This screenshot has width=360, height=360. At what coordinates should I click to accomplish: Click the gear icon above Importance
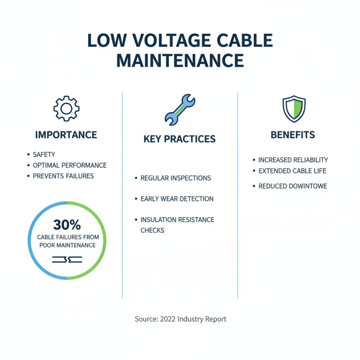pos(66,108)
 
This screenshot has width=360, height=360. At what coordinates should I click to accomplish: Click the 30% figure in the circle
pos(67,225)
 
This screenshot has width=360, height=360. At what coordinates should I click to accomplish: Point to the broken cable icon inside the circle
pos(67,259)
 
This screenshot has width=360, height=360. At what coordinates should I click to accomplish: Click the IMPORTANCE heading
pos(66,135)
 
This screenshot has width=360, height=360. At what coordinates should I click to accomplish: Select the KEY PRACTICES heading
pos(180,139)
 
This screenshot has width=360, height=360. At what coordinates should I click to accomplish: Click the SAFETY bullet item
pos(44,155)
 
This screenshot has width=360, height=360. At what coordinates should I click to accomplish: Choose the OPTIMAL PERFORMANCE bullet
pos(69,165)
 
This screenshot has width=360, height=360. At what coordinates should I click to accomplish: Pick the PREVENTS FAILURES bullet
pos(63,176)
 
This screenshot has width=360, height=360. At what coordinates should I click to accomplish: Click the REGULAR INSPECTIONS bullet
pos(175,178)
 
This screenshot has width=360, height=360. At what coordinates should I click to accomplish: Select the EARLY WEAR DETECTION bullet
pos(177,199)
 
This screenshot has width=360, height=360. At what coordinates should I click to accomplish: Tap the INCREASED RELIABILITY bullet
pos(293,160)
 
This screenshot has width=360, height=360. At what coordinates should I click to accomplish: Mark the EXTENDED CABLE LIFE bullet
pos(292,171)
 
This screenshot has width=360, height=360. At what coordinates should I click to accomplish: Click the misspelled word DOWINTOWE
pos(306,186)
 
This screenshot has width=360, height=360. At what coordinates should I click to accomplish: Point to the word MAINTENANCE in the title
pos(180,60)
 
